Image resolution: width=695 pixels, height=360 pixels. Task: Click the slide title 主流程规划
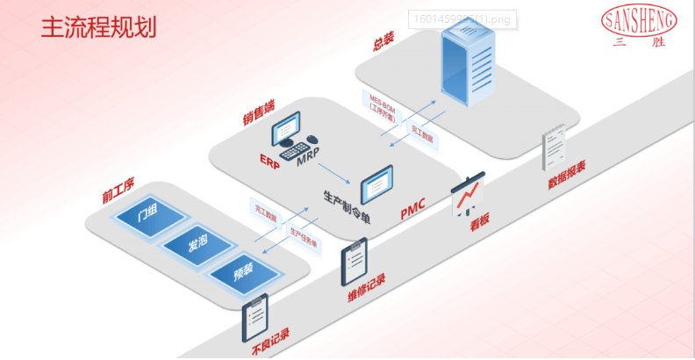(98, 27)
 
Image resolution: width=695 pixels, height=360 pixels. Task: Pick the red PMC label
(412, 208)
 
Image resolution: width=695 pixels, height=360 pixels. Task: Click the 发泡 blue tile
(197, 245)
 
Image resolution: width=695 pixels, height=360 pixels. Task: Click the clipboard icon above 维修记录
(355, 264)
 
